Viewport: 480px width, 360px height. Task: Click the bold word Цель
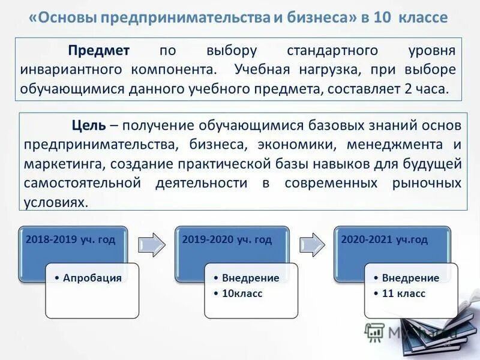89,125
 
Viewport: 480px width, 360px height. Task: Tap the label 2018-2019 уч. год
70,239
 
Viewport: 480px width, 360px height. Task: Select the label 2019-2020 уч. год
227,239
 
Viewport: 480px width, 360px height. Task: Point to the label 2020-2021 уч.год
385,239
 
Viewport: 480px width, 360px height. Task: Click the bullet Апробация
92,277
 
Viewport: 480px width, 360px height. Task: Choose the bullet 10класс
242,293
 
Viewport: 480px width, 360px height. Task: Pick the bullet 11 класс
402,293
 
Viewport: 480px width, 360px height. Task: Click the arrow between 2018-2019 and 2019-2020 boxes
151,245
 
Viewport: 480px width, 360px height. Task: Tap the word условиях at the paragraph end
56,202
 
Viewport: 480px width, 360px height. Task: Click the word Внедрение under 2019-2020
250,278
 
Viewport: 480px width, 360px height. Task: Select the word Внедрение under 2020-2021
410,278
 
